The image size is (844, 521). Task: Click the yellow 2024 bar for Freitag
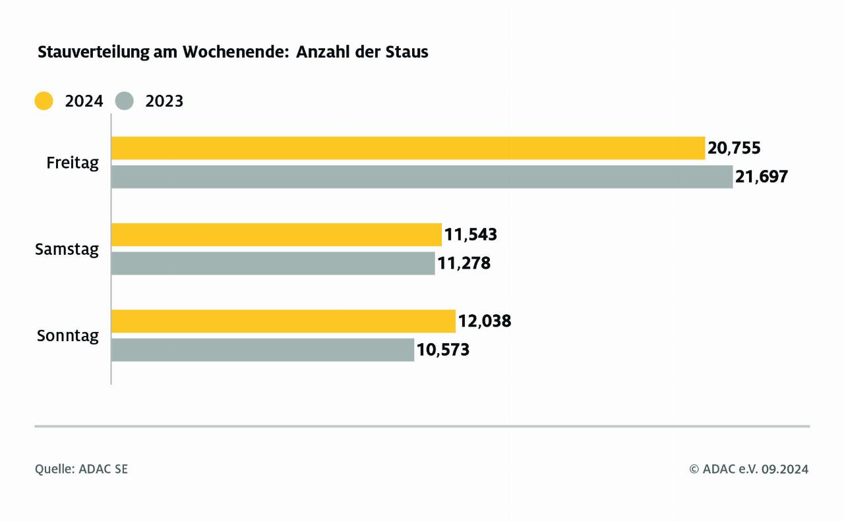tap(407, 148)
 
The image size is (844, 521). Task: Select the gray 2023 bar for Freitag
tap(421, 177)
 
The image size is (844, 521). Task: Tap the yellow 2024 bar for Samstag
tap(276, 234)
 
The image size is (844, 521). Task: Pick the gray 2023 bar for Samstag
tap(273, 263)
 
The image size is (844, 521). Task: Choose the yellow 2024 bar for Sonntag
tap(283, 321)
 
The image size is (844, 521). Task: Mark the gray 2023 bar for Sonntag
tap(262, 350)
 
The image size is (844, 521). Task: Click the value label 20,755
tap(734, 148)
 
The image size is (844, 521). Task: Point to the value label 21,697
tap(762, 177)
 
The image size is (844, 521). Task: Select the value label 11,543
tap(470, 234)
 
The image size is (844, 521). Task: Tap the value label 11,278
tap(464, 263)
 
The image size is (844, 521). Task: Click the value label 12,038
tap(485, 321)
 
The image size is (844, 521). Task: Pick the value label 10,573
tap(442, 350)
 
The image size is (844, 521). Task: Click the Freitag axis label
tap(73, 163)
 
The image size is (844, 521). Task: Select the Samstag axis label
tap(67, 250)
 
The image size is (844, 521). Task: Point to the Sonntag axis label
tap(67, 336)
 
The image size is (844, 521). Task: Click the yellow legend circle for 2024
tap(44, 101)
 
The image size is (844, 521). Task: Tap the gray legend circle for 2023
tap(124, 101)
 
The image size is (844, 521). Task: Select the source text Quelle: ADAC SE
tap(81, 469)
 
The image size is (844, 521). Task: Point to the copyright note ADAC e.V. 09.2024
tap(748, 469)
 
